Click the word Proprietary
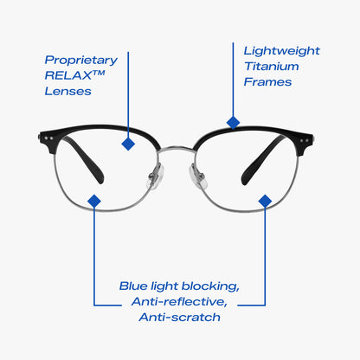(x=81, y=61)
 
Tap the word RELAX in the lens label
(x=68, y=75)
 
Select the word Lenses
(x=67, y=91)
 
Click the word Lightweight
(x=282, y=51)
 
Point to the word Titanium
(x=272, y=67)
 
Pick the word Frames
(x=267, y=82)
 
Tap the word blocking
(x=210, y=286)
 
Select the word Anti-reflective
(x=179, y=302)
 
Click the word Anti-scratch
(x=179, y=318)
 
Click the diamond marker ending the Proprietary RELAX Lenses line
(x=128, y=144)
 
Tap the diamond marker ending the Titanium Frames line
(x=234, y=123)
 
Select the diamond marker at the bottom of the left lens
(x=94, y=201)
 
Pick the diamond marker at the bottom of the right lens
(x=265, y=201)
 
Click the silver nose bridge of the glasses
(x=176, y=149)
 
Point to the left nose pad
(x=156, y=177)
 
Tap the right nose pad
(x=198, y=177)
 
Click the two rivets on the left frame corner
(x=48, y=138)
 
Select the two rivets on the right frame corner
(x=304, y=141)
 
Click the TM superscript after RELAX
(x=99, y=73)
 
